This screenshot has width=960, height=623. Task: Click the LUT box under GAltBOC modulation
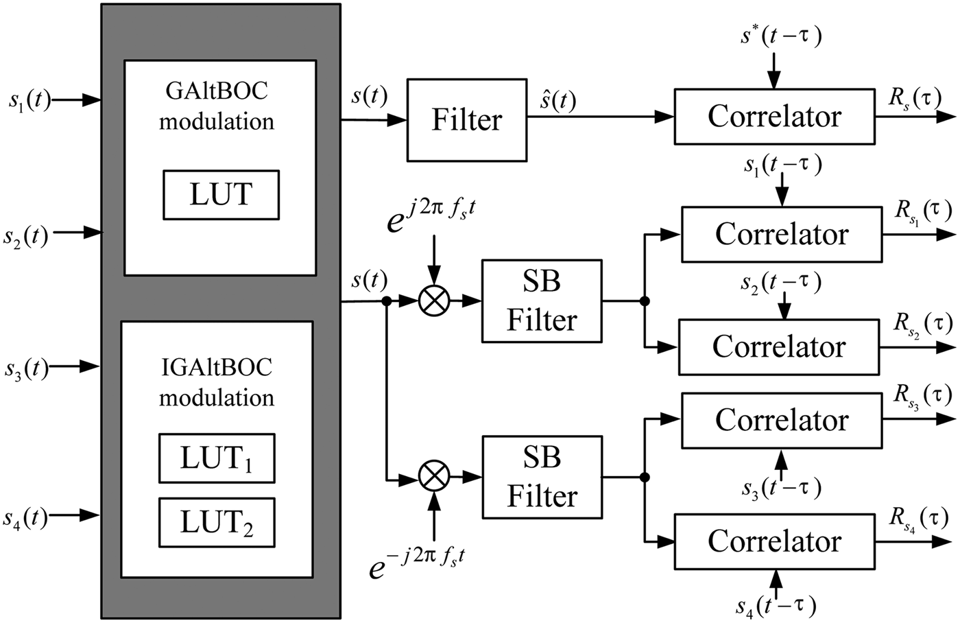tap(221, 195)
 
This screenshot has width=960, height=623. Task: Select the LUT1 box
tap(217, 458)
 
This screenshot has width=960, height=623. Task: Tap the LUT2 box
tap(217, 523)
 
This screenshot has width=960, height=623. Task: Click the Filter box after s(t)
tap(467, 120)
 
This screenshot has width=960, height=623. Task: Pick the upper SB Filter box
tap(542, 301)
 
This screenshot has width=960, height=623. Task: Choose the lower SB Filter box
tap(542, 477)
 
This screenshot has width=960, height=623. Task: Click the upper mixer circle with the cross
tap(433, 301)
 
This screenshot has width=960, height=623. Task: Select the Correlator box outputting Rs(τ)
tap(774, 116)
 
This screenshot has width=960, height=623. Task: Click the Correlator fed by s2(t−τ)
tap(778, 346)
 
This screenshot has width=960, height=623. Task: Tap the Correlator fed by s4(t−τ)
tap(774, 541)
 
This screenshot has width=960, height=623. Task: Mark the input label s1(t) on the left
tap(29, 101)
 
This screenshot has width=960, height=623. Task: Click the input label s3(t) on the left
tap(26, 368)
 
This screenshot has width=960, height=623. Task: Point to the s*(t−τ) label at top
tap(780, 36)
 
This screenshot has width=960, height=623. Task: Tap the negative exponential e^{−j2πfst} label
tap(418, 563)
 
